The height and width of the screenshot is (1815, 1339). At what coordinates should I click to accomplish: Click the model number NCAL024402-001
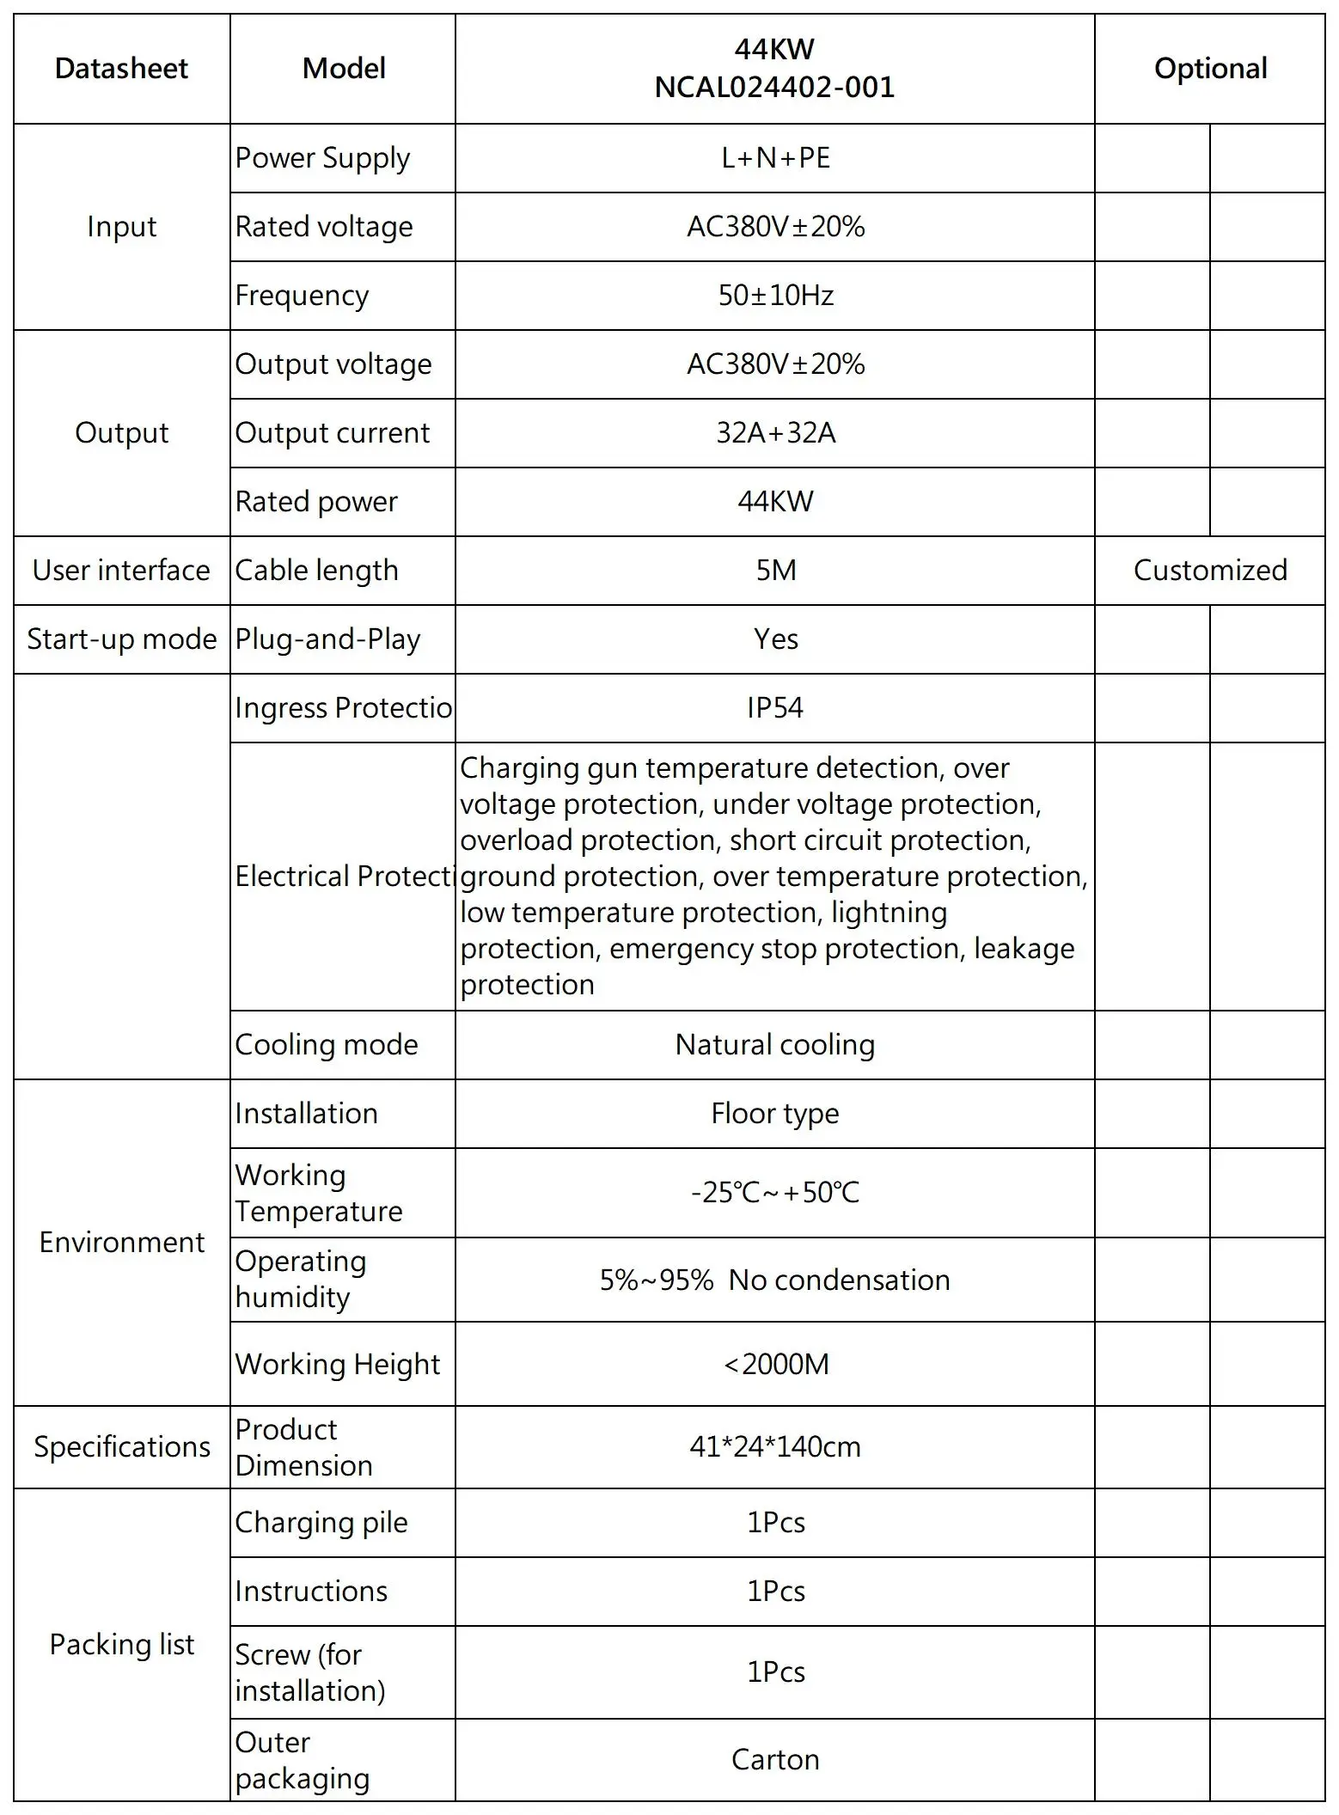coord(774,88)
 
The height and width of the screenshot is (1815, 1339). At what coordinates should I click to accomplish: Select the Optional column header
coord(1210,69)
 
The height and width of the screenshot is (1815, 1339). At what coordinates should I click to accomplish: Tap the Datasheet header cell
coord(121,69)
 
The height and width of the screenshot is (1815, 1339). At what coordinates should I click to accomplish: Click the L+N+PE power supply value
coord(775,158)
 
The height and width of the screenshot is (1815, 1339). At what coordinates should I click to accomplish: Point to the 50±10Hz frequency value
coord(775,296)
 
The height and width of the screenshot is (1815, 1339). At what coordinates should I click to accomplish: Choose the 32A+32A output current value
coord(775,433)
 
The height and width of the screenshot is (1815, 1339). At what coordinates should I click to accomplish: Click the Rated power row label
coord(316,502)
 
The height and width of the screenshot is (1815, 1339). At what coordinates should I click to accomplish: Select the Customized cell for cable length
coord(1210,571)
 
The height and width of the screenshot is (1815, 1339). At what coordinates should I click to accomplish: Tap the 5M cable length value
coord(775,571)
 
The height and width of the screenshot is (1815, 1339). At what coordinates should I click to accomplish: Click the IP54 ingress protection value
coord(775,708)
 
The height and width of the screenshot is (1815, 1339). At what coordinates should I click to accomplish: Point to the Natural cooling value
coord(775,1045)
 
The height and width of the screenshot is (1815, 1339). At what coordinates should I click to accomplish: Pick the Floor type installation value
coord(775,1114)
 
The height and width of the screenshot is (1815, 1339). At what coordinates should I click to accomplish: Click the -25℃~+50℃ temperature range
coord(775,1193)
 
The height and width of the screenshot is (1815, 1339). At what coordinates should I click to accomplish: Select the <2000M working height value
coord(775,1365)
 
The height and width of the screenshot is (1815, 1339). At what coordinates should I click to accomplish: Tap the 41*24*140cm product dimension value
coord(775,1447)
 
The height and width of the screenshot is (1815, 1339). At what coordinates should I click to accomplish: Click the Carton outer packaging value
coord(775,1760)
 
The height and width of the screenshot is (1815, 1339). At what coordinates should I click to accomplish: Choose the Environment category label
coord(122,1243)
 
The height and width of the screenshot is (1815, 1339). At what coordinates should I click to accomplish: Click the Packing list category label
coord(122,1645)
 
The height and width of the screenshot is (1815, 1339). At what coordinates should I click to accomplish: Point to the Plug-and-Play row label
coord(327,639)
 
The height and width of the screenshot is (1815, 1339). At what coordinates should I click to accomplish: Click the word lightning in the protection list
coord(889,913)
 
